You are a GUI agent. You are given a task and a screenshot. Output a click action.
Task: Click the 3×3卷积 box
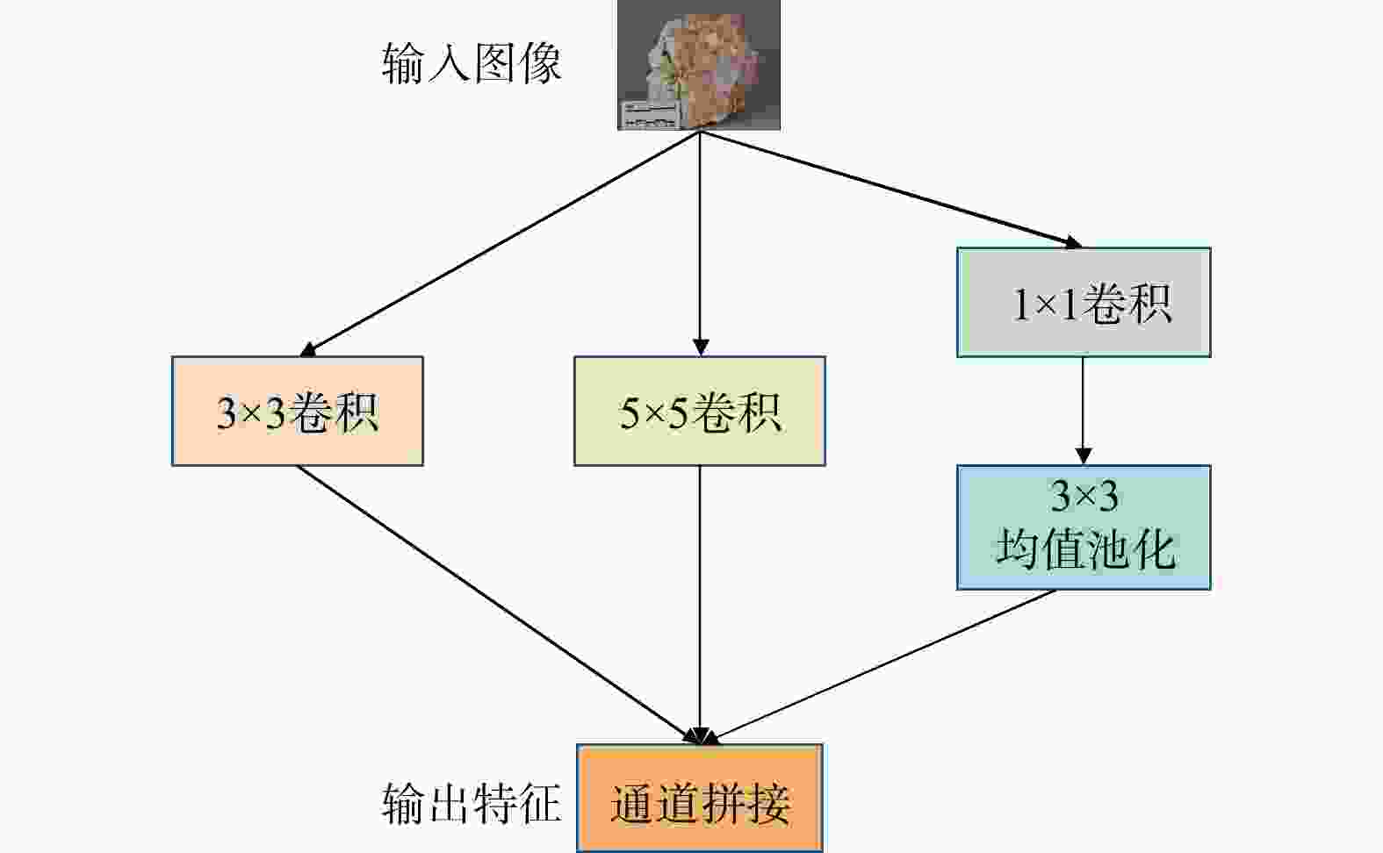coord(297,411)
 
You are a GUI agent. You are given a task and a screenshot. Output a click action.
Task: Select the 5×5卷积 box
coord(699,411)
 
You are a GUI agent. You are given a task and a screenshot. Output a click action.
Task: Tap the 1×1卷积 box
coord(1084,303)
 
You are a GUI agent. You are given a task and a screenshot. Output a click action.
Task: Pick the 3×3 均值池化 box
coord(1084,527)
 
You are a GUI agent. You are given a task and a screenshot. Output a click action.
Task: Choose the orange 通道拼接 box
coord(700,799)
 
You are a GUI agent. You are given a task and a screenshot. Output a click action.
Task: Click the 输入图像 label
coord(472,64)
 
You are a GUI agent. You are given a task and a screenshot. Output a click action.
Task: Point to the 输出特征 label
coord(472,802)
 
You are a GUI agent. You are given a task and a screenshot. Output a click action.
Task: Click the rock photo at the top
coord(699,64)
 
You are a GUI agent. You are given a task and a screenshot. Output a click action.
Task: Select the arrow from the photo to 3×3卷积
coord(501,243)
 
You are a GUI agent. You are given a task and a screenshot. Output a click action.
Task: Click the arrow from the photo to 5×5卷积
coord(700,237)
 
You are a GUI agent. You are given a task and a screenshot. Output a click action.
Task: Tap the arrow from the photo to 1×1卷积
coord(887,188)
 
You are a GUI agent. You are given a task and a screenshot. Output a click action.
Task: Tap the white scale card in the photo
coord(651,114)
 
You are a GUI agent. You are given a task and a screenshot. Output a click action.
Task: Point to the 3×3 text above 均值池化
coord(1084,497)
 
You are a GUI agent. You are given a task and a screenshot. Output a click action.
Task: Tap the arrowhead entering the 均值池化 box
coord(1083,455)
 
